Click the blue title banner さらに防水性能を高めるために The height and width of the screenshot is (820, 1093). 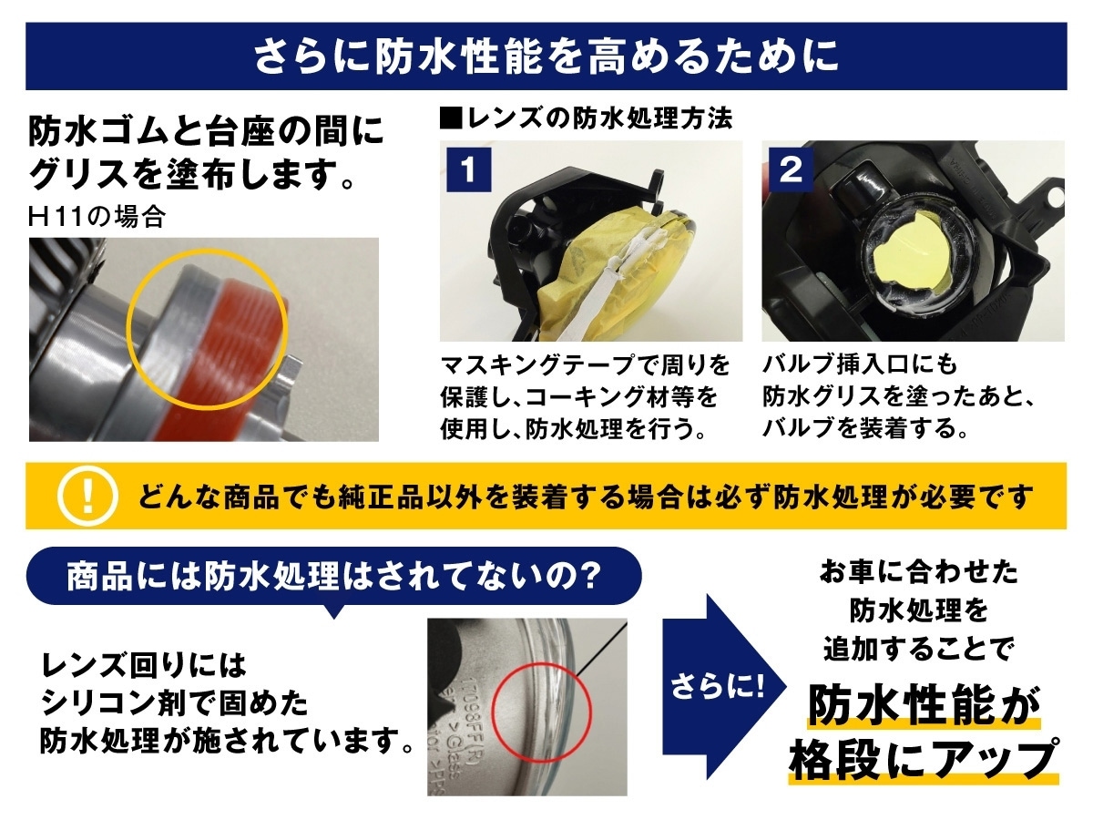[546, 56]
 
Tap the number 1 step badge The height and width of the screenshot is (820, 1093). [468, 169]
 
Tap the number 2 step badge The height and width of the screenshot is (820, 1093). [792, 169]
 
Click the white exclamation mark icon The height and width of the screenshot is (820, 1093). [87, 496]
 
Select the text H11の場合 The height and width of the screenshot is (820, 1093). [97, 218]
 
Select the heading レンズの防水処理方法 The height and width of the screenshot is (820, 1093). [587, 119]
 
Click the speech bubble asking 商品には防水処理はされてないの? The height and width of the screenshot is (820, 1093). [333, 577]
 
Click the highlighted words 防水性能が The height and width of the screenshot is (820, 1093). [924, 706]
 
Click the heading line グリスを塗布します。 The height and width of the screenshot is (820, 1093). [191, 174]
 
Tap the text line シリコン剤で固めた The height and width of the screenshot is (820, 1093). [174, 703]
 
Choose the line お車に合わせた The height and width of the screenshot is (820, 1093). [919, 572]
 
